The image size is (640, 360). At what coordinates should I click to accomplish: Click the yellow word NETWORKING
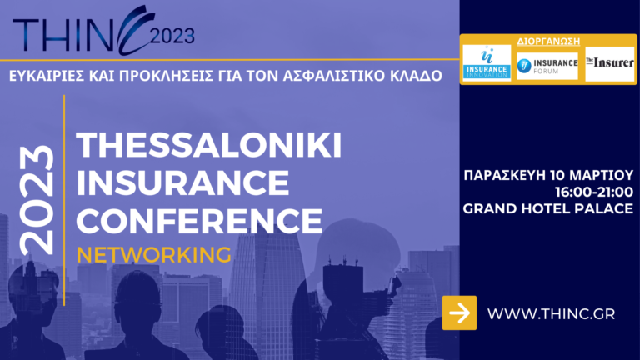click(x=153, y=253)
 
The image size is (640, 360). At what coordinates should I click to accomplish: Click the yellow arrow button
click(x=459, y=312)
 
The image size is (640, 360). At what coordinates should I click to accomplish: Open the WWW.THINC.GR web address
click(x=551, y=313)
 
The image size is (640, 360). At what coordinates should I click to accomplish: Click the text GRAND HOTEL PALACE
click(x=548, y=208)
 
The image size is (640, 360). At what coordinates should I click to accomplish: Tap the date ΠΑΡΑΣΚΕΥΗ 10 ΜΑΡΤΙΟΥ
click(x=548, y=175)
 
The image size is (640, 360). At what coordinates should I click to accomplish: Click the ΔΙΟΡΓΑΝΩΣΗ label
click(x=547, y=40)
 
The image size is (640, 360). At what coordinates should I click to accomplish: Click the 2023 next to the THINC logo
click(x=172, y=35)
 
